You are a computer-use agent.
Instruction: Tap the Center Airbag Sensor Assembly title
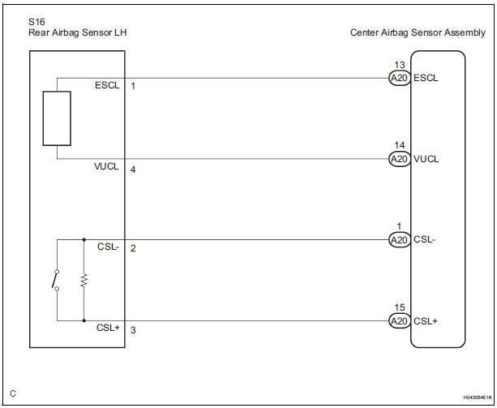[x=406, y=32]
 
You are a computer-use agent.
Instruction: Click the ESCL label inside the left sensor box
[x=106, y=85]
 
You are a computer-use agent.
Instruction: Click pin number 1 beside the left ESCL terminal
[x=133, y=85]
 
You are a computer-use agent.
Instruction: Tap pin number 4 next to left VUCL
[x=133, y=170]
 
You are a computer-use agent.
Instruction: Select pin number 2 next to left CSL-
[x=133, y=247]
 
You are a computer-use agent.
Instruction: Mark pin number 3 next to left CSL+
[x=133, y=330]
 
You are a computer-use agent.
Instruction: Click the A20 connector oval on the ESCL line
[x=398, y=78]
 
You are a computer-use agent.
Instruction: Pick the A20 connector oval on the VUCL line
[x=398, y=159]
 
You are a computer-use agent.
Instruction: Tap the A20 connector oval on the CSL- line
[x=398, y=239]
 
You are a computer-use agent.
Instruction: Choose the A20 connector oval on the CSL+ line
[x=398, y=321]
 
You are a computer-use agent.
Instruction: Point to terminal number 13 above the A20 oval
[x=399, y=65]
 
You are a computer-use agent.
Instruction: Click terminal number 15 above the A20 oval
[x=399, y=308]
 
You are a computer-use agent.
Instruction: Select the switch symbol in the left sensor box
[x=55, y=280]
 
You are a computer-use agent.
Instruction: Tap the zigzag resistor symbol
[x=84, y=280]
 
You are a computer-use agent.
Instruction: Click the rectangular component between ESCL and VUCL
[x=57, y=118]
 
